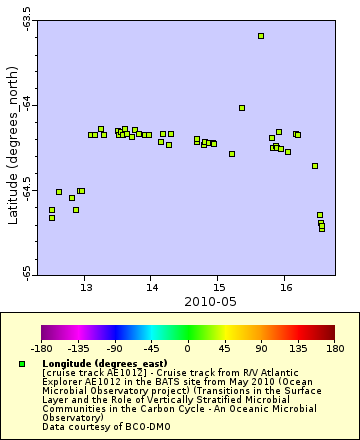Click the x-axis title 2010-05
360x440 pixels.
185,300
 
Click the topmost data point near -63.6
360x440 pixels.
261,36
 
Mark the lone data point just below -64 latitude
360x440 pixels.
242,108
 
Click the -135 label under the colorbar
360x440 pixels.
78,350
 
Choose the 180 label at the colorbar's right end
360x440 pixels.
334,350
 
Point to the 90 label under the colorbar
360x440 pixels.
261,350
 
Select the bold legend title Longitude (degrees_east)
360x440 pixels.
105,363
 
